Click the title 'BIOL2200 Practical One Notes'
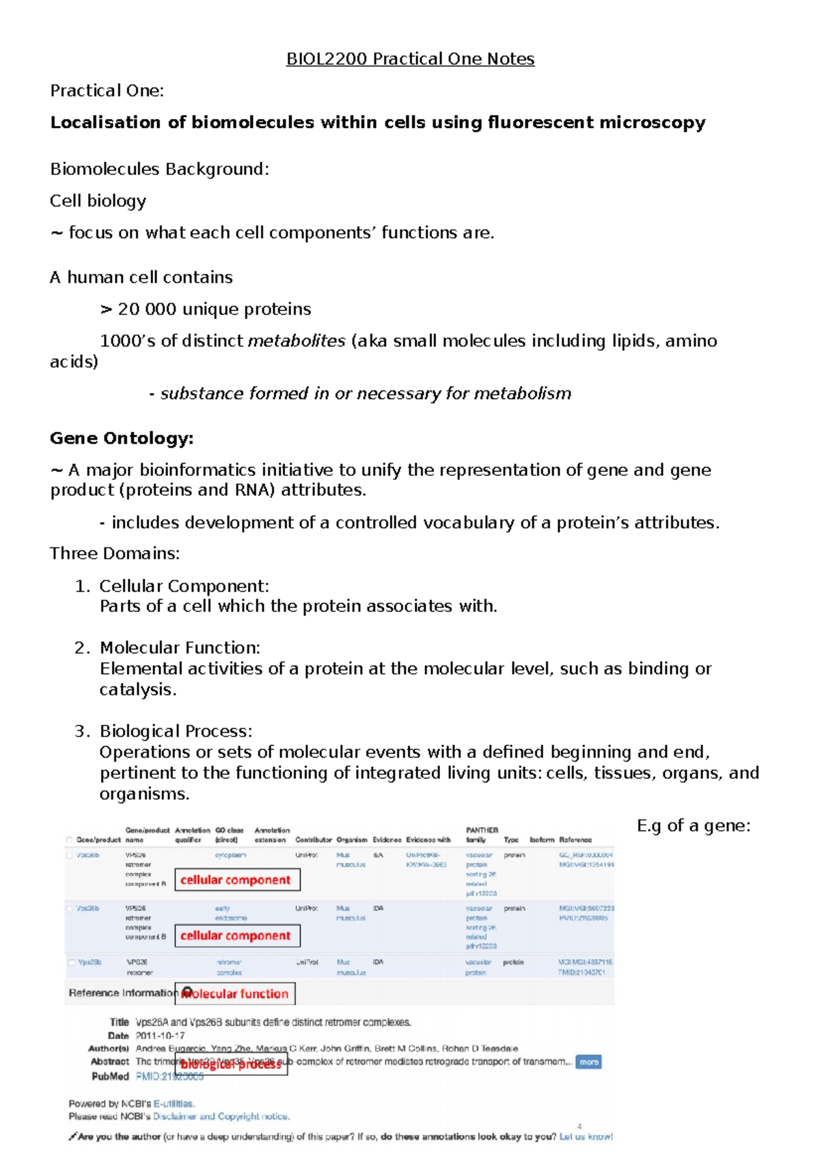(x=410, y=59)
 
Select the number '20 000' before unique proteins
(x=147, y=309)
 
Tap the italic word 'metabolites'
(x=297, y=341)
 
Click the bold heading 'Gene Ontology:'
(x=122, y=438)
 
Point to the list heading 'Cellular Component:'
(x=184, y=586)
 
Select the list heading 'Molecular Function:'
(x=180, y=648)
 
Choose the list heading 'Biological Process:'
(x=176, y=731)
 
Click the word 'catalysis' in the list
(x=136, y=689)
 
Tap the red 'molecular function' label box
(x=235, y=993)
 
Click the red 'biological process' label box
(x=231, y=1064)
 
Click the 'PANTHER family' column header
(x=481, y=835)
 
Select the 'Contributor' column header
(x=313, y=840)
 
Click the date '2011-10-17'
(x=160, y=1035)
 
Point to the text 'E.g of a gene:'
(x=693, y=826)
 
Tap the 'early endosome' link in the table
(x=231, y=913)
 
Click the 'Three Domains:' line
(x=115, y=553)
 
